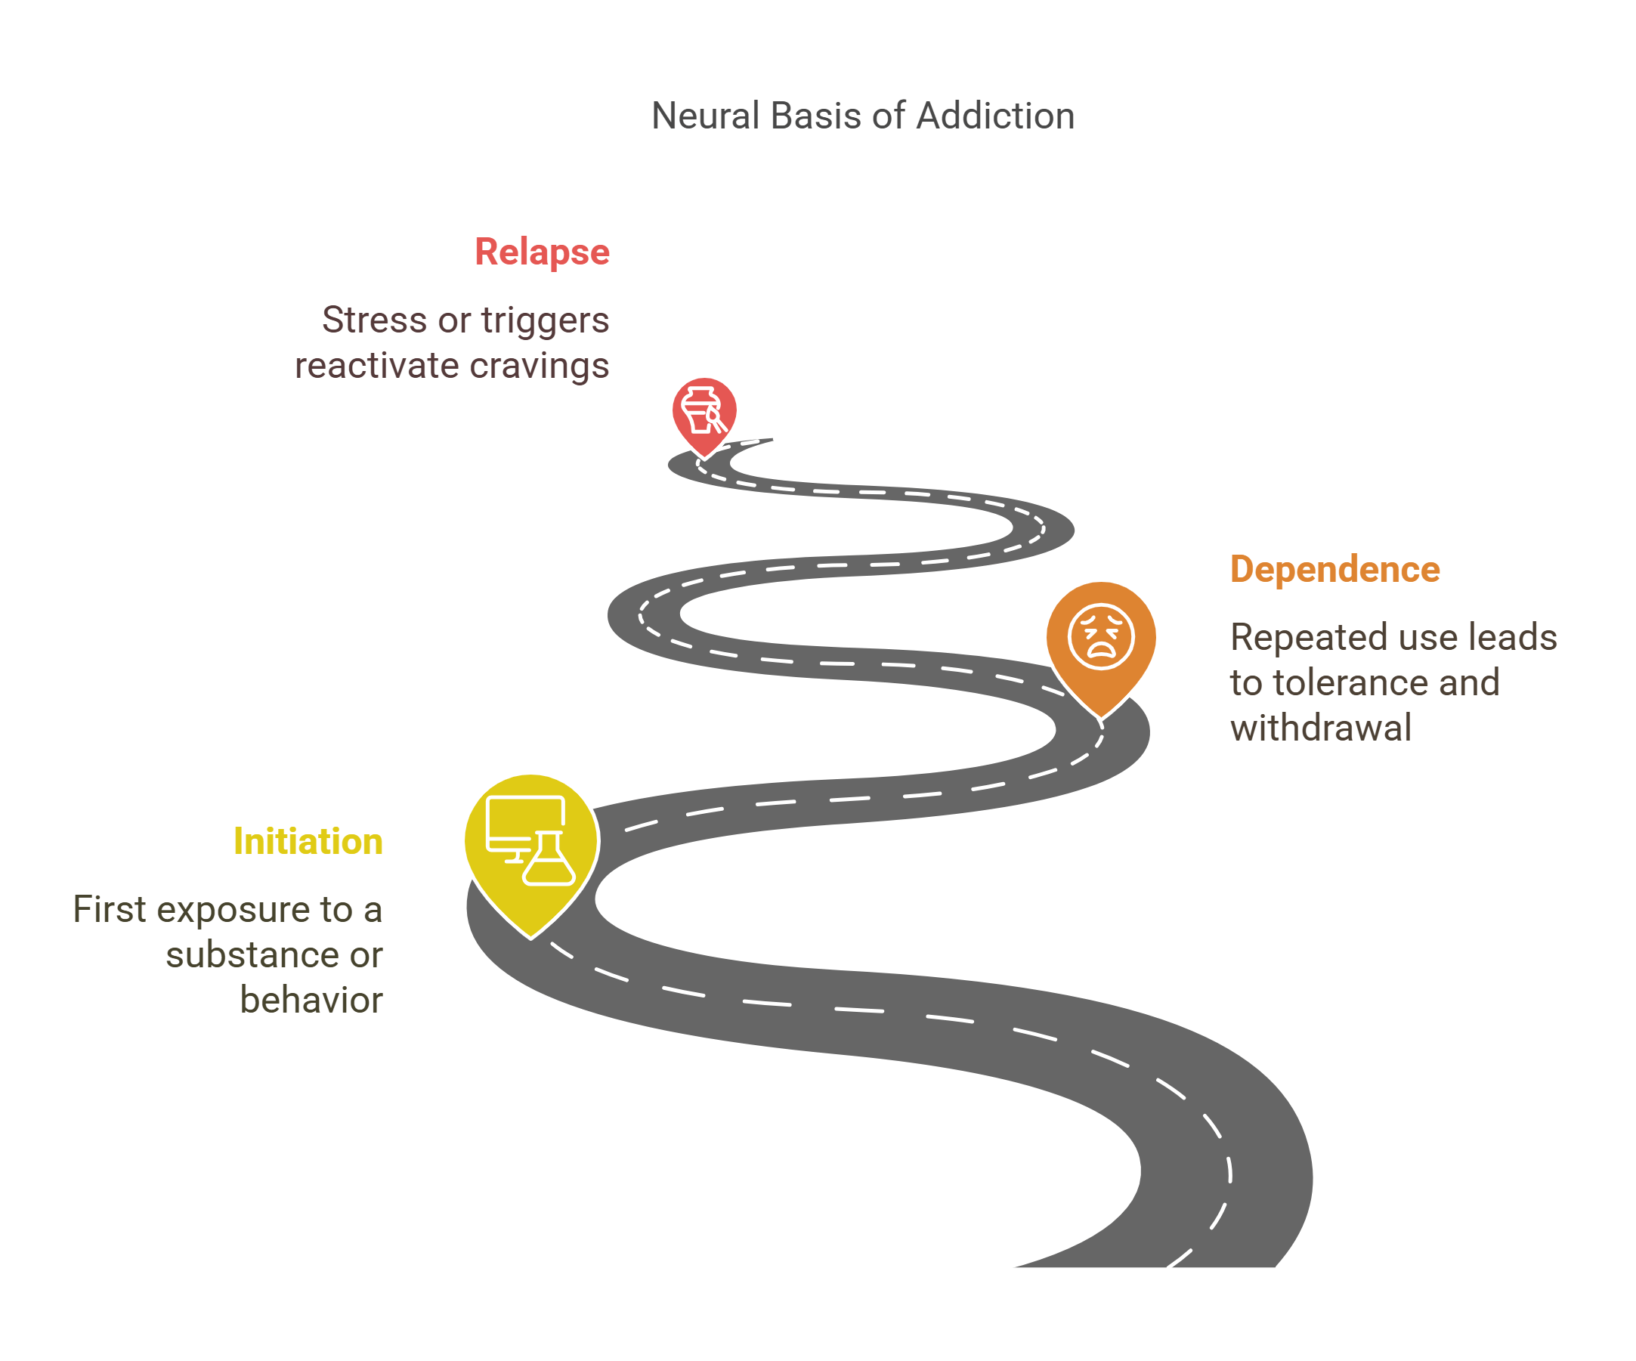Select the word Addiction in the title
click(996, 116)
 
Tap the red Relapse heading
click(543, 252)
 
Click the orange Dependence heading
click(1334, 570)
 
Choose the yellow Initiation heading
click(308, 841)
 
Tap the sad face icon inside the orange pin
click(1100, 636)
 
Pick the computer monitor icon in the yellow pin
click(524, 824)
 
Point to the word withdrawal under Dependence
click(1320, 728)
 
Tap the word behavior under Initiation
click(311, 1001)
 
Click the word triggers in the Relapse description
click(545, 320)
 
